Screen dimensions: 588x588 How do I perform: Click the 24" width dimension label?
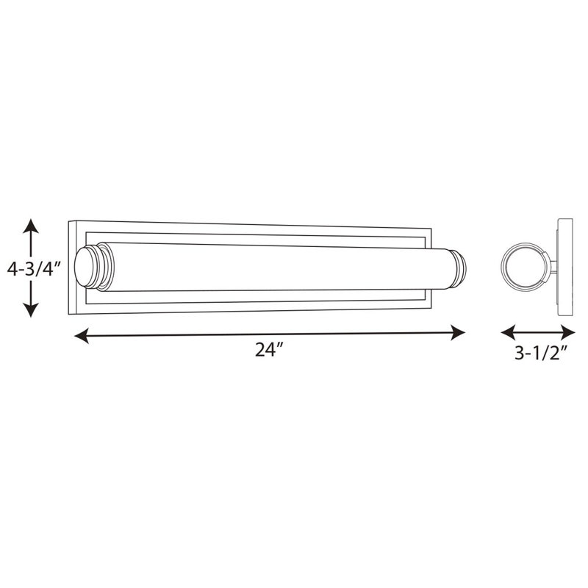tap(268, 351)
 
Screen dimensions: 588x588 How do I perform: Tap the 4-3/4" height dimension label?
tap(33, 269)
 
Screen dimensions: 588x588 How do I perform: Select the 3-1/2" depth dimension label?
tap(541, 353)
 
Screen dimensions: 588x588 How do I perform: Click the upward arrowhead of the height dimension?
tap(31, 226)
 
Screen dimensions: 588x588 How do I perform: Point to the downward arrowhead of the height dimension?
tap(31, 309)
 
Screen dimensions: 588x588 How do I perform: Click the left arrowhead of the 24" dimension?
tap(82, 336)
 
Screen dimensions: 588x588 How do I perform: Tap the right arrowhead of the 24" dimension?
tap(458, 333)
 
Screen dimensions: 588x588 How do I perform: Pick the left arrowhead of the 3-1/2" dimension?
tap(508, 333)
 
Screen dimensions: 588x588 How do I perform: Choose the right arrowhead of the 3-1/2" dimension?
tap(567, 333)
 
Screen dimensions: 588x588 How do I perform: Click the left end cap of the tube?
tap(90, 267)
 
